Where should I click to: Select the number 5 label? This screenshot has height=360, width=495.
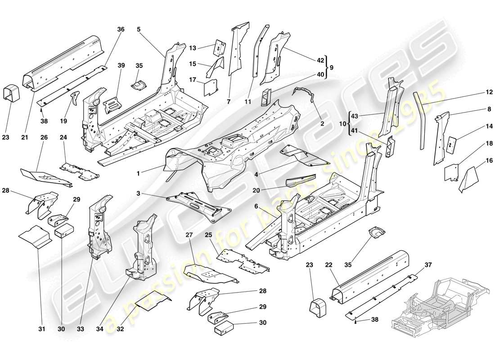click(x=139, y=29)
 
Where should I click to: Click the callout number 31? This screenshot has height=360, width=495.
click(x=41, y=329)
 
